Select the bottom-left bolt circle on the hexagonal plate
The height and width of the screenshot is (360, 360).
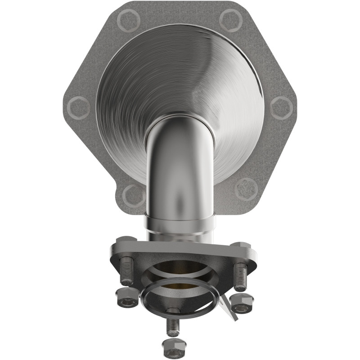click(134, 195)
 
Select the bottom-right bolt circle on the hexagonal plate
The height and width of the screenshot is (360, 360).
click(247, 188)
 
